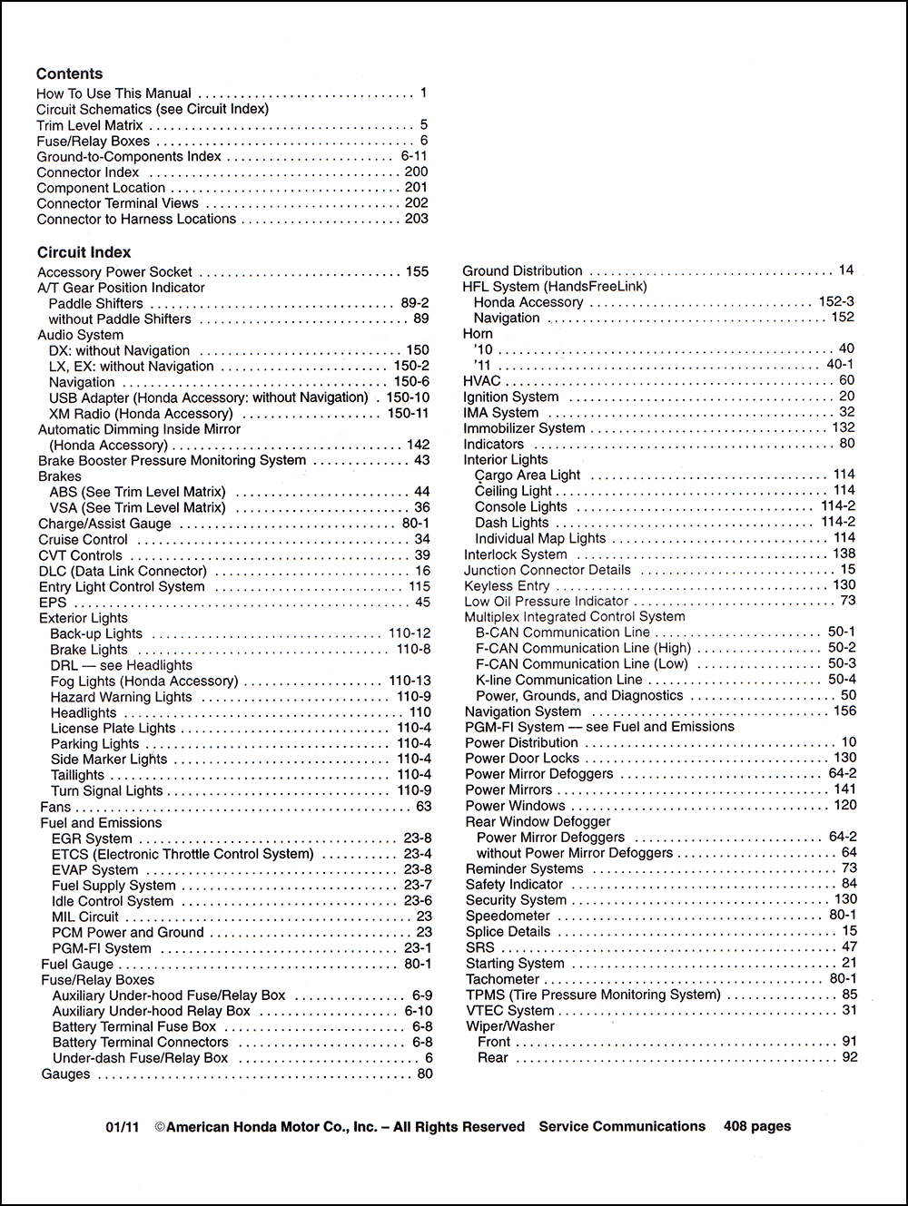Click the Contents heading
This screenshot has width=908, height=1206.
point(69,74)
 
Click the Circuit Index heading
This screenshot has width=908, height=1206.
point(84,252)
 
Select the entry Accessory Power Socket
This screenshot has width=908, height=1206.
point(114,271)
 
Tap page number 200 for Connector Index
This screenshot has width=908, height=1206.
point(416,172)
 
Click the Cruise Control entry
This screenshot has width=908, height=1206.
point(83,539)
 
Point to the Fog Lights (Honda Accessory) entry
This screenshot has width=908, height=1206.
point(143,681)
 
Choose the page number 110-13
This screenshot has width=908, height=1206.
point(410,681)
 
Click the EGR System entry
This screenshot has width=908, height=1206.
point(92,838)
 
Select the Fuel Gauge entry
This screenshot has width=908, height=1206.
point(77,964)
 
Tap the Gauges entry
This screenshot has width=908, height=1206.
point(65,1074)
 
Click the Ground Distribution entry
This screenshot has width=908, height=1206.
point(522,270)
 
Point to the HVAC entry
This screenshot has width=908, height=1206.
point(481,381)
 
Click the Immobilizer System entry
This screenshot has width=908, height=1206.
point(524,428)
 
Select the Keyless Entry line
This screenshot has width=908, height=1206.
point(507,586)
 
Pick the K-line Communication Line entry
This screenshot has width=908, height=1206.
point(558,680)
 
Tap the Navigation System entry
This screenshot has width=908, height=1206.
point(522,711)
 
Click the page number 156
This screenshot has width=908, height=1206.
point(844,711)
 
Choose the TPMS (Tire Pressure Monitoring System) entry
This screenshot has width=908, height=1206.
point(592,995)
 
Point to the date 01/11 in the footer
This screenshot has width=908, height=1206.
point(122,1127)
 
